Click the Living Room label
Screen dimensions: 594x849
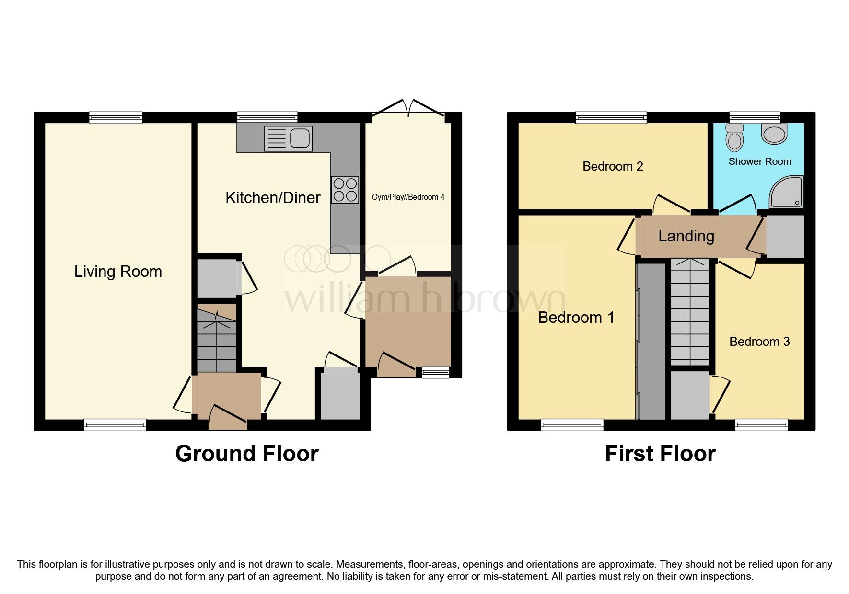(118, 272)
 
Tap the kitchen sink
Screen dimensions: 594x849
(288, 138)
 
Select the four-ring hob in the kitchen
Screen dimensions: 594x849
(345, 190)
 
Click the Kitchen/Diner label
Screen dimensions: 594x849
(273, 197)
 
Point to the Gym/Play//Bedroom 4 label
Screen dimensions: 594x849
(408, 197)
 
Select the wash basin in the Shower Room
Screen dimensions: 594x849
(774, 134)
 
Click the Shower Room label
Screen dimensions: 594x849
(759, 161)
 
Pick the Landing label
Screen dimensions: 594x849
(686, 236)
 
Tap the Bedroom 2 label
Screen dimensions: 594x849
(612, 166)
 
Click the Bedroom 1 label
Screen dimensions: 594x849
(576, 317)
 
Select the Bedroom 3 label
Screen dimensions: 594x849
(759, 342)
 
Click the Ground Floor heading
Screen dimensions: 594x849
(246, 453)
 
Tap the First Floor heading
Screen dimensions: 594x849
(660, 453)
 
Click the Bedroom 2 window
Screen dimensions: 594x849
(611, 117)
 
